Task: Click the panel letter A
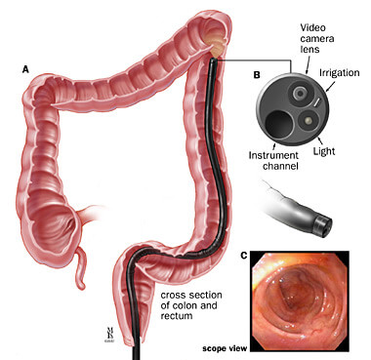[25, 69]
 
